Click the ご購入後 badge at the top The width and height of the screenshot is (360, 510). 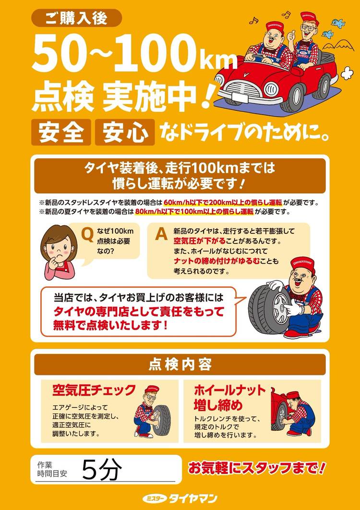(76, 18)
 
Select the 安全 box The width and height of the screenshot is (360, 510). (61, 132)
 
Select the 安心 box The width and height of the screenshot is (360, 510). (125, 132)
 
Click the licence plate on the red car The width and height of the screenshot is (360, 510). (240, 97)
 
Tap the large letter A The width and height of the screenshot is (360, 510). (161, 233)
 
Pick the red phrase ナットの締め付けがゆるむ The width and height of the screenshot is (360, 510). (216, 261)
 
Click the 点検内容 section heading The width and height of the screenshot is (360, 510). (180, 364)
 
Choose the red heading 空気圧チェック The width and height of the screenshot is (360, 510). (94, 390)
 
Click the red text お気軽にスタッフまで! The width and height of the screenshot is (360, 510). (257, 468)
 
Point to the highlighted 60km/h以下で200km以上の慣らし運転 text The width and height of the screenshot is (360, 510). (223, 203)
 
